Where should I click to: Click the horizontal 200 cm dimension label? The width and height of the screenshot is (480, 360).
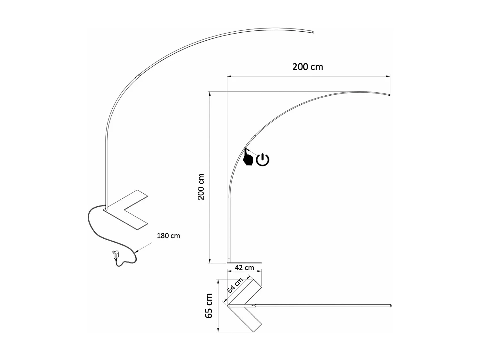(x=308, y=67)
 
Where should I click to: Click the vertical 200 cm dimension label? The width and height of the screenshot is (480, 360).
(x=201, y=187)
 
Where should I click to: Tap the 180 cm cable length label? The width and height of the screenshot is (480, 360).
(x=168, y=236)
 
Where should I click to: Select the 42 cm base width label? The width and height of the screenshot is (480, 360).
(x=244, y=268)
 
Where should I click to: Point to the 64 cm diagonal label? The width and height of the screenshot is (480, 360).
(x=235, y=285)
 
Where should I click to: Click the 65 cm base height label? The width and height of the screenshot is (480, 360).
(x=209, y=306)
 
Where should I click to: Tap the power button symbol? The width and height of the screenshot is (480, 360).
(x=263, y=160)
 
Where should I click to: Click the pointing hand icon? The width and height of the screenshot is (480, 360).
(x=248, y=158)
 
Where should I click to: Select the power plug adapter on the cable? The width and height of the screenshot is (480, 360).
(x=115, y=255)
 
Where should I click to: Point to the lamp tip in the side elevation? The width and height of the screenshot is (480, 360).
(x=389, y=95)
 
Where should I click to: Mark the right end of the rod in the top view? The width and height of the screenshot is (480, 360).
(x=390, y=306)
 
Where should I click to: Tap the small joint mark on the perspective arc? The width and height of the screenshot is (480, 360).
(x=139, y=76)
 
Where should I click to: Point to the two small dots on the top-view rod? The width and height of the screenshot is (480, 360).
(x=253, y=306)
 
